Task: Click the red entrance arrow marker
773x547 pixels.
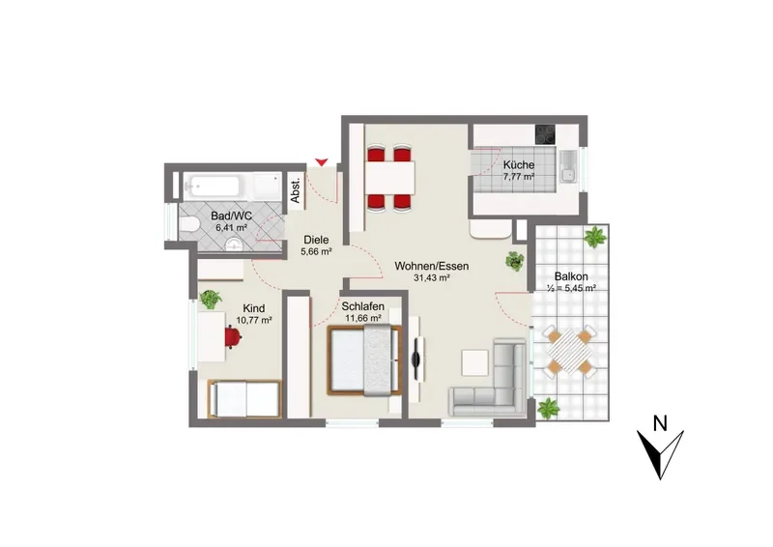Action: pyautogui.click(x=322, y=161)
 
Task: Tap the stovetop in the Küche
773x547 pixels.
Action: pyautogui.click(x=545, y=133)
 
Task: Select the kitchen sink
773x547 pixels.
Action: pyautogui.click(x=568, y=166)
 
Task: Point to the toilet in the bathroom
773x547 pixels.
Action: pyautogui.click(x=188, y=225)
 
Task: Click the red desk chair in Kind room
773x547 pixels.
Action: pyautogui.click(x=233, y=337)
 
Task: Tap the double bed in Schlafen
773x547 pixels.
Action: pyautogui.click(x=364, y=360)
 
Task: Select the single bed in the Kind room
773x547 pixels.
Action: pyautogui.click(x=244, y=399)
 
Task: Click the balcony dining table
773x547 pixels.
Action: pyautogui.click(x=567, y=353)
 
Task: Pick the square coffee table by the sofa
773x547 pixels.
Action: pyautogui.click(x=474, y=363)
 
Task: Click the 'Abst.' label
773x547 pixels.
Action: pyautogui.click(x=296, y=190)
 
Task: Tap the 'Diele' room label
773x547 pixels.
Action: pyautogui.click(x=316, y=241)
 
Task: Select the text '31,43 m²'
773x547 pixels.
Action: pyautogui.click(x=431, y=278)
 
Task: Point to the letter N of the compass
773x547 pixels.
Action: pyautogui.click(x=660, y=423)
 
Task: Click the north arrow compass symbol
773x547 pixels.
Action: pyautogui.click(x=660, y=454)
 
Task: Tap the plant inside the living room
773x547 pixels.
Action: pyautogui.click(x=514, y=261)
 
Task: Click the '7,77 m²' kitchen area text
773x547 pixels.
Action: pyautogui.click(x=519, y=177)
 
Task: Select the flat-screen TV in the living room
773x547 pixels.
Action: pyautogui.click(x=417, y=352)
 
